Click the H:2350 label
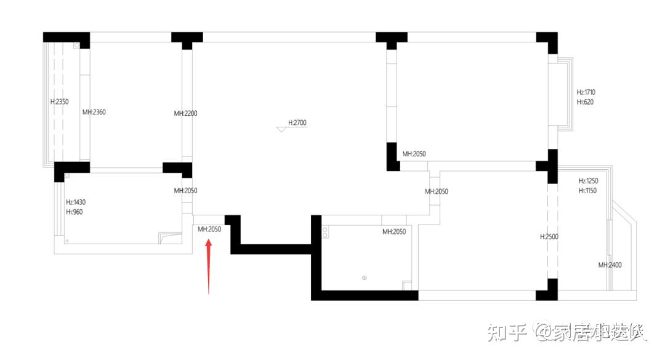click(59, 102)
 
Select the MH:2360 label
click(94, 112)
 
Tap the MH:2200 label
click(185, 113)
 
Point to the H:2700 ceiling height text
click(297, 123)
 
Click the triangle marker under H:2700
click(281, 129)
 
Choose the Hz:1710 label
click(586, 92)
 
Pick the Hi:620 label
click(585, 102)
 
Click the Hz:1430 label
click(75, 202)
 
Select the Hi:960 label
click(74, 212)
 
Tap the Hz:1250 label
click(588, 181)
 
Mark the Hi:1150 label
click(588, 191)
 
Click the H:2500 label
click(549, 236)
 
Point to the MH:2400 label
click(610, 265)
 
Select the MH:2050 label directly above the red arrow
click(209, 230)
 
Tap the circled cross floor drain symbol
click(365, 278)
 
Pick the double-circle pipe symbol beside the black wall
click(325, 231)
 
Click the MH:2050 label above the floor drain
click(394, 232)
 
